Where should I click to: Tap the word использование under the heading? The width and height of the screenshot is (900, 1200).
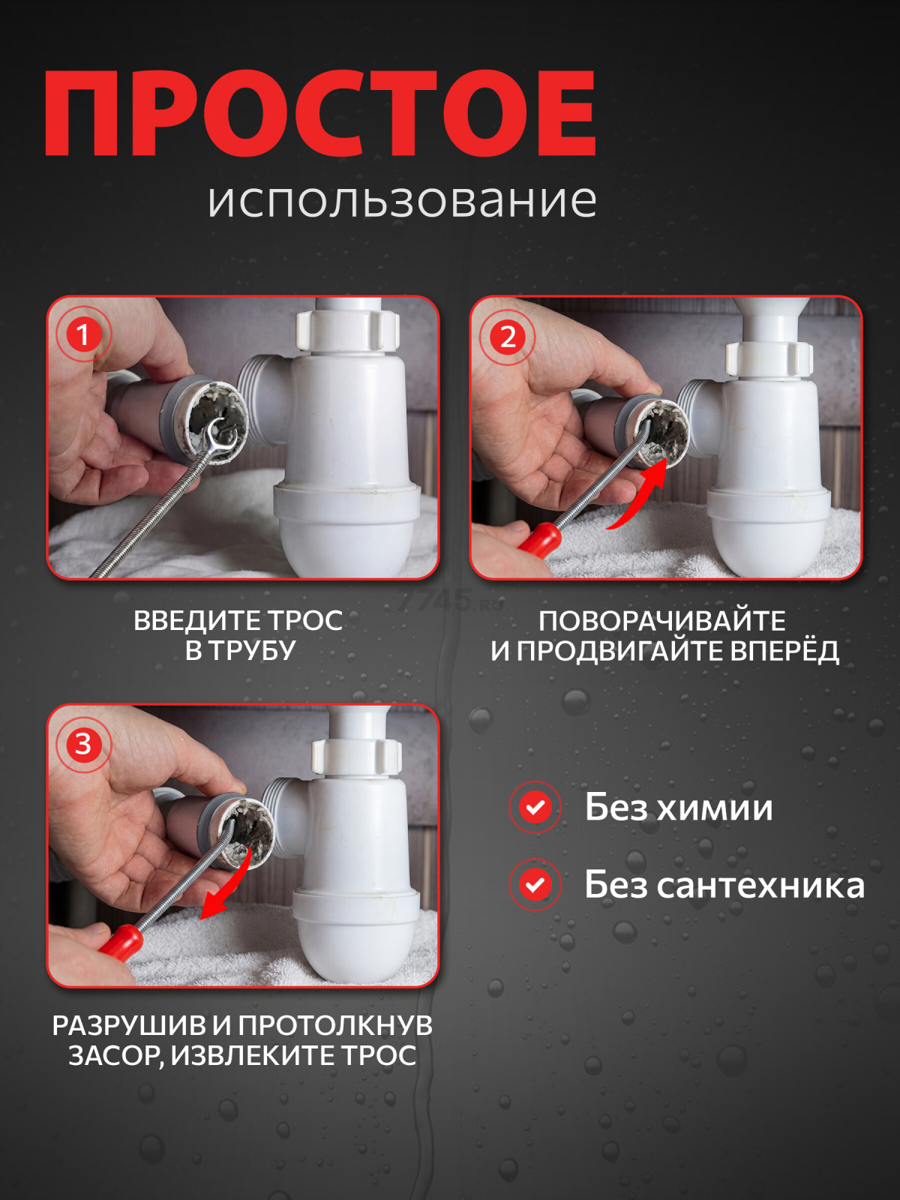pos(402,201)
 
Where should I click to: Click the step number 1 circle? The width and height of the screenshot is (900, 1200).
pos(82,334)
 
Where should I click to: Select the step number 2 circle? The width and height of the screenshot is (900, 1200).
pos(508,337)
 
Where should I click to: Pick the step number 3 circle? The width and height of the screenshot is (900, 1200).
pos(83,744)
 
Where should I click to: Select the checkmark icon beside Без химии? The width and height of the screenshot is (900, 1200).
pos(535,808)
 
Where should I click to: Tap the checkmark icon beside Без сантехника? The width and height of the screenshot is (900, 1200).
pos(535,885)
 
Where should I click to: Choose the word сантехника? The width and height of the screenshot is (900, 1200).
pos(760,886)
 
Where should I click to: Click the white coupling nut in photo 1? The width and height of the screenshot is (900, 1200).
pos(346,331)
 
